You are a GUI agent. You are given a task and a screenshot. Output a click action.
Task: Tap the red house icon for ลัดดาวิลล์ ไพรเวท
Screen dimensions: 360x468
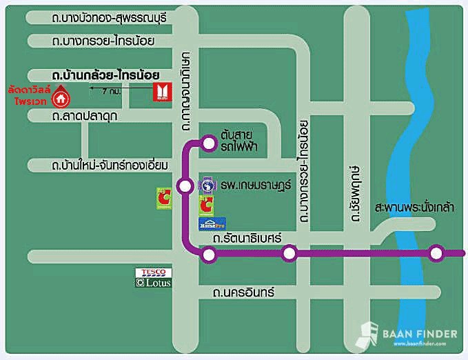(x=61, y=98)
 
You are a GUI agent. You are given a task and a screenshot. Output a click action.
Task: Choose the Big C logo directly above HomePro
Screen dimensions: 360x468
(x=205, y=205)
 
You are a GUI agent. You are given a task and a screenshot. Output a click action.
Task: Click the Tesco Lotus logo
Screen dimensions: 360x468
(x=152, y=277)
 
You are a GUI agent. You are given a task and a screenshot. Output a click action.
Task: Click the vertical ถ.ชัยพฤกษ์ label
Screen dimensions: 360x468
(x=355, y=192)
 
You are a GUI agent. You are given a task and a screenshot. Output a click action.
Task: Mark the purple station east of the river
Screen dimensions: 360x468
(x=435, y=254)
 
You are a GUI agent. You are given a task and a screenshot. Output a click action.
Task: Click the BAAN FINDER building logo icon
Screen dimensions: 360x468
(x=367, y=335)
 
